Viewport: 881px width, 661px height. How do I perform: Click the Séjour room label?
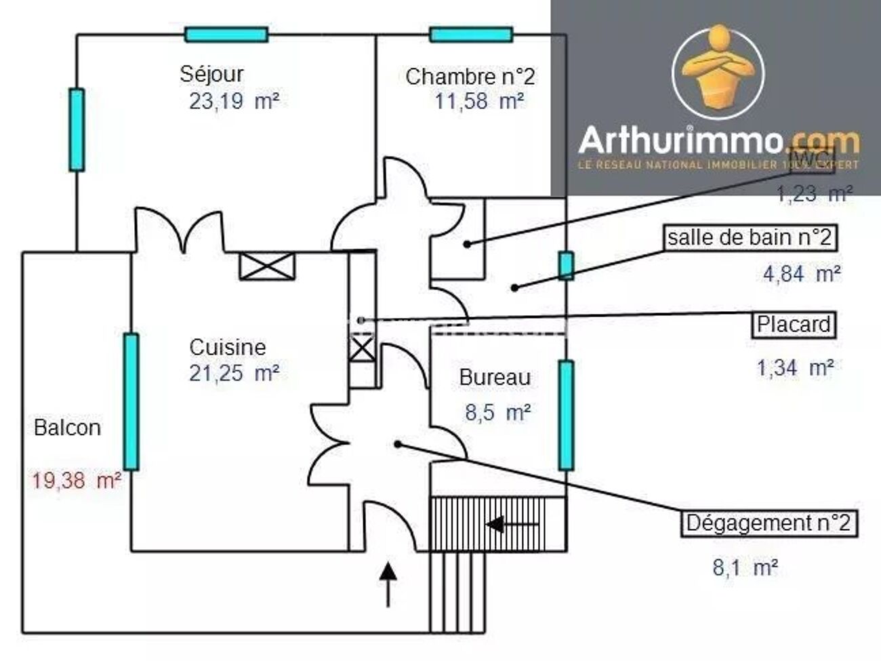tap(211, 73)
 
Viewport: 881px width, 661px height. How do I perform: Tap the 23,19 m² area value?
tap(234, 102)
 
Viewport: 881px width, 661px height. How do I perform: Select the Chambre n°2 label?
tap(470, 77)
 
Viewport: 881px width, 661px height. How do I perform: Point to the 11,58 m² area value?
tap(478, 102)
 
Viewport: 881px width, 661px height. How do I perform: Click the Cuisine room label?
tap(227, 347)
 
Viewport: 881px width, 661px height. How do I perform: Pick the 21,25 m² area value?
tap(234, 373)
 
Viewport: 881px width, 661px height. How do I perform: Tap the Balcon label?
tap(67, 428)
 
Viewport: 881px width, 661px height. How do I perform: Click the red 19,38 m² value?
tap(77, 481)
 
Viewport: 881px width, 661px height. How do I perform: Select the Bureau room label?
tap(495, 378)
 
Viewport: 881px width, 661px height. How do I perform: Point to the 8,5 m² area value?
tap(497, 412)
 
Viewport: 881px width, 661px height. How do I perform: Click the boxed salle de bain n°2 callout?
tap(749, 238)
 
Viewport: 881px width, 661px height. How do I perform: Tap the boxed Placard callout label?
tap(794, 325)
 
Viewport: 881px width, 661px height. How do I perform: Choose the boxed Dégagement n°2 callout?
tap(768, 523)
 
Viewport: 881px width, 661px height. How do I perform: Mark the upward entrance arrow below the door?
tap(388, 583)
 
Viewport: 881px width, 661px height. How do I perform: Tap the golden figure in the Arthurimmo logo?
tap(718, 68)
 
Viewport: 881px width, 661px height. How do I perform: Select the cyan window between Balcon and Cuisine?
tap(131, 401)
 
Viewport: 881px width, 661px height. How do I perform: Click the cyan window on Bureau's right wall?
tap(565, 415)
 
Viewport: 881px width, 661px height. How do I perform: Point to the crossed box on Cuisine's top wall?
tap(268, 266)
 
